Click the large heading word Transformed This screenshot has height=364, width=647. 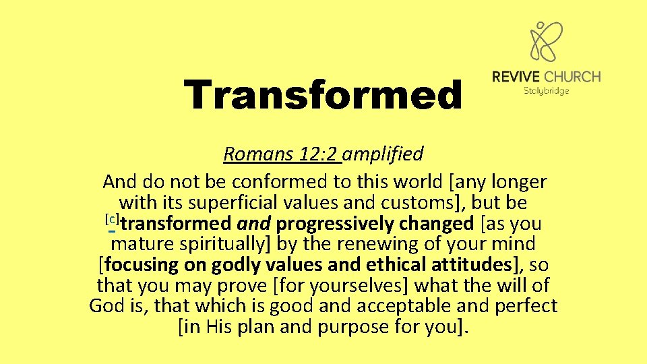click(x=323, y=95)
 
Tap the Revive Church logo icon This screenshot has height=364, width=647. click(x=546, y=42)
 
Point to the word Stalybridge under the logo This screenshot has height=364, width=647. click(x=546, y=90)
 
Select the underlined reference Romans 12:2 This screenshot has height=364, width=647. click(x=282, y=154)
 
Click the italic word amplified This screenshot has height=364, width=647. click(x=383, y=154)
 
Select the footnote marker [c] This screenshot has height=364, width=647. click(x=113, y=219)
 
